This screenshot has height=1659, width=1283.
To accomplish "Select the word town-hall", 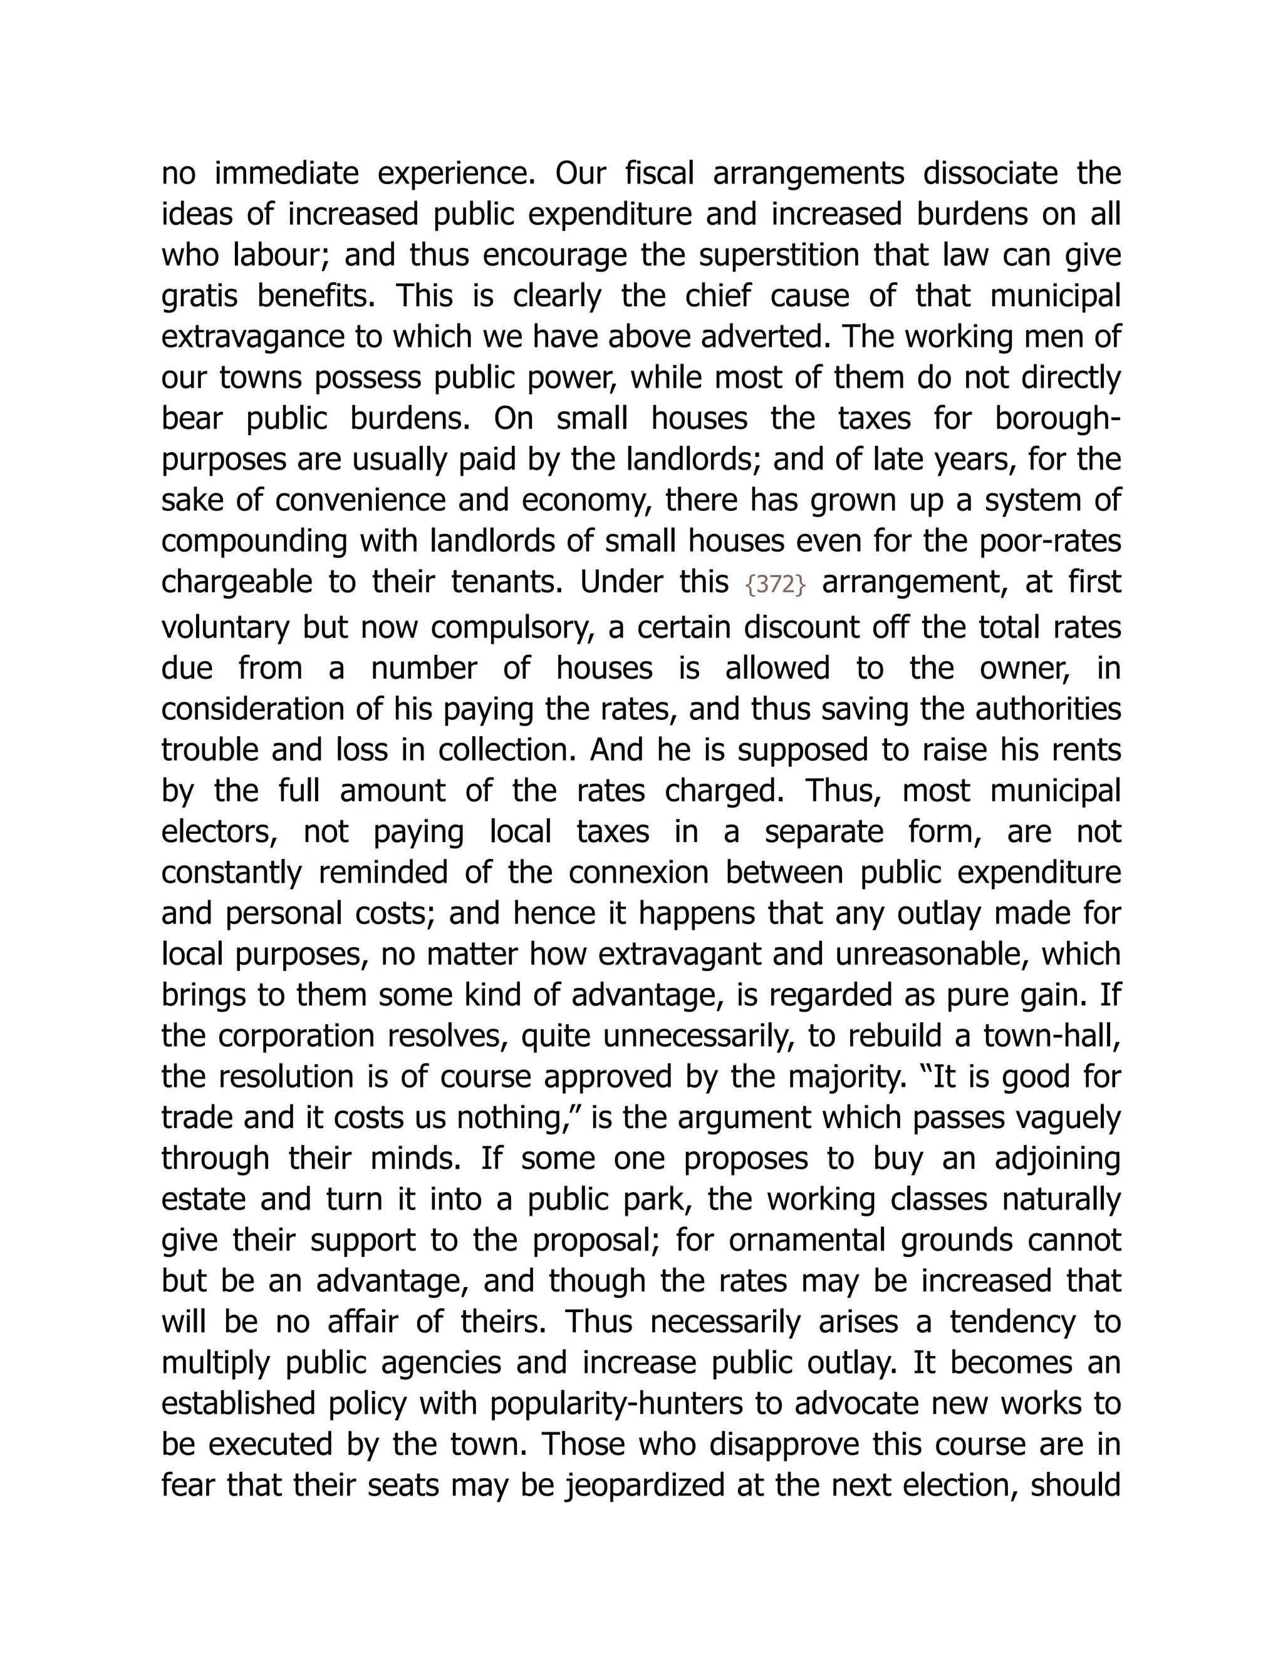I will tap(1052, 1037).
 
